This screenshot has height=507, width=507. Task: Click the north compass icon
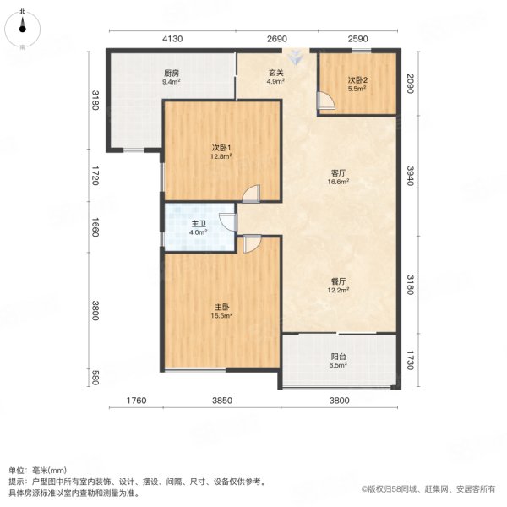22,29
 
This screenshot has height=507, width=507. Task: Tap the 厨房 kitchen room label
172,74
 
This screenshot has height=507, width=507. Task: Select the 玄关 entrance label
275,74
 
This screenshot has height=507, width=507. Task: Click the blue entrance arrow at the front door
297,57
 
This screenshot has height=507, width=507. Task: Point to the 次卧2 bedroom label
357,80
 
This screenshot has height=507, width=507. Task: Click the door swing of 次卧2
325,101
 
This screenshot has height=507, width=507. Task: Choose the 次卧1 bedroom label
221,148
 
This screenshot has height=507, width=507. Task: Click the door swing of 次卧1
251,194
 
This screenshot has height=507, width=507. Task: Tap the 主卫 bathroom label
199,224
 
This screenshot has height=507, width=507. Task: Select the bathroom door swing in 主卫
228,221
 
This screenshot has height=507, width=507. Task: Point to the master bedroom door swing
252,243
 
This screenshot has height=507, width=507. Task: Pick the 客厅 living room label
338,173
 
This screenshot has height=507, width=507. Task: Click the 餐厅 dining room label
338,281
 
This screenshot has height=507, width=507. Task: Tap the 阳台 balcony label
338,357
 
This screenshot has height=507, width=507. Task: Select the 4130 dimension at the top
172,39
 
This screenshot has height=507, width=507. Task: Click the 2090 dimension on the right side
410,84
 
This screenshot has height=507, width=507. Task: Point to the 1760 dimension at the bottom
136,401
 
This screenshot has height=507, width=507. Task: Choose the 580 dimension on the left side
95,378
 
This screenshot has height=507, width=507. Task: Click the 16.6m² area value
338,182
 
